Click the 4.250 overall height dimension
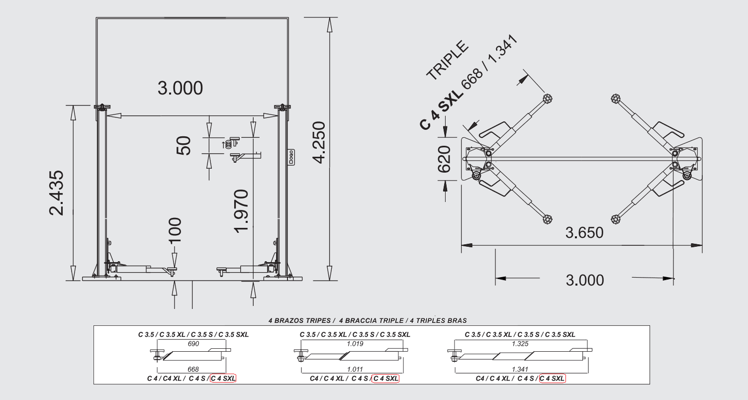(x=319, y=143)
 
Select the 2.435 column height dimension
(x=56, y=193)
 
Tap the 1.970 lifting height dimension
(x=241, y=211)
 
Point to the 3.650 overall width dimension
(x=584, y=232)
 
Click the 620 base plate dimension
(x=444, y=159)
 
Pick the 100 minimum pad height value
(x=175, y=230)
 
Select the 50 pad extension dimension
(x=184, y=146)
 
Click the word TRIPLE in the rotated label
(x=448, y=61)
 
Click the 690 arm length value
(x=193, y=343)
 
